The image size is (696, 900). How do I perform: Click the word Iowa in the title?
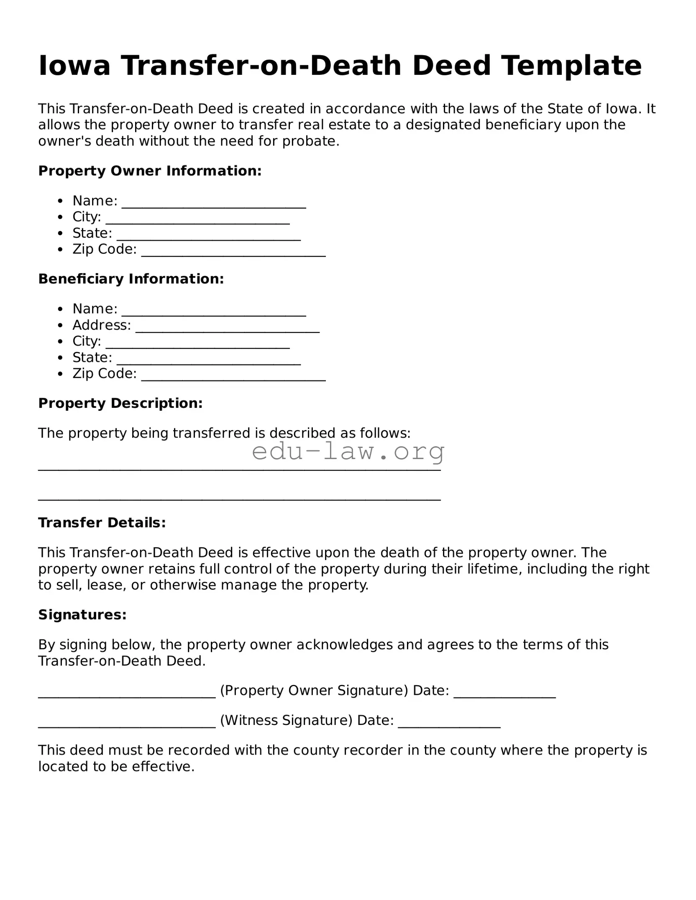click(x=74, y=66)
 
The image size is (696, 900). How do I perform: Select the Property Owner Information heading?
click(x=150, y=170)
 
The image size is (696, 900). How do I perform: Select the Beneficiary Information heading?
click(x=131, y=279)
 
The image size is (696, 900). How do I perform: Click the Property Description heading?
click(x=120, y=403)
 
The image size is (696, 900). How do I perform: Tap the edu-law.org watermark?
click(x=348, y=452)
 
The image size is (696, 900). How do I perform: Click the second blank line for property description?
click(x=239, y=499)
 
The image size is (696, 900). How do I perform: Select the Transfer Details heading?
click(x=102, y=522)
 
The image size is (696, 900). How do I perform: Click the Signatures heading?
click(x=82, y=614)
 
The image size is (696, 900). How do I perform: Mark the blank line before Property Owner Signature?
click(x=127, y=695)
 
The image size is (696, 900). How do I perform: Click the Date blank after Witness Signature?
click(x=449, y=725)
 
